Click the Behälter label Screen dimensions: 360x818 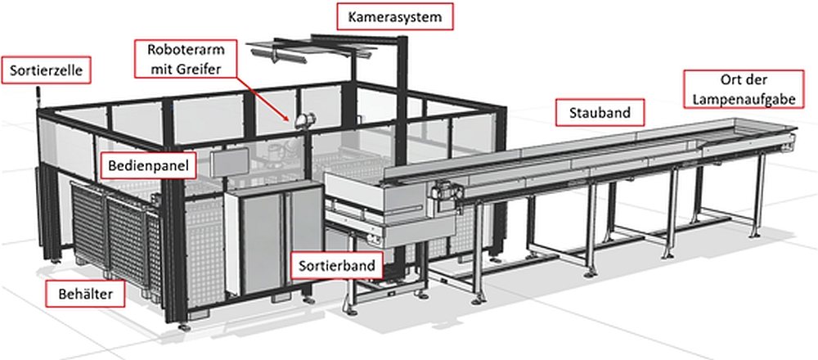[78, 292]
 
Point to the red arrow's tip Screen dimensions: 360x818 [287, 121]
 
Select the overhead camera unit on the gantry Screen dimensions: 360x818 [282, 56]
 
